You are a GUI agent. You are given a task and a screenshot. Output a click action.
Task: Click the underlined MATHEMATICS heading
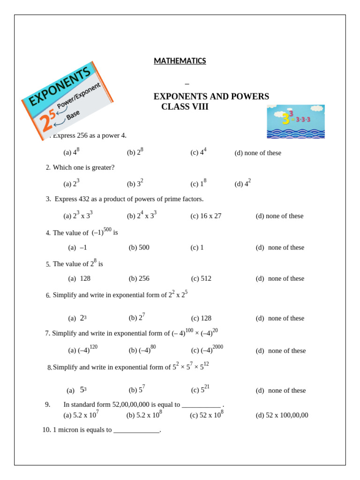pos(180,61)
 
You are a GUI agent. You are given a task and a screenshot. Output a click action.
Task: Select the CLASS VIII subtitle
pos(185,107)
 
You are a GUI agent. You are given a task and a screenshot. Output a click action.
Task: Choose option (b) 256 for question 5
pos(139,278)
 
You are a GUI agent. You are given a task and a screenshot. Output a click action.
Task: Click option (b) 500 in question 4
pos(139,247)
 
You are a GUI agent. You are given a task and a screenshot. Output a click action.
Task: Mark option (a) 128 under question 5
pos(79,278)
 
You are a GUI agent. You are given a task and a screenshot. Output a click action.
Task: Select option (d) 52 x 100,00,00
pos(282,415)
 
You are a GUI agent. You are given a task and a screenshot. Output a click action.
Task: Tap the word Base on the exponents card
pos(73,115)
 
